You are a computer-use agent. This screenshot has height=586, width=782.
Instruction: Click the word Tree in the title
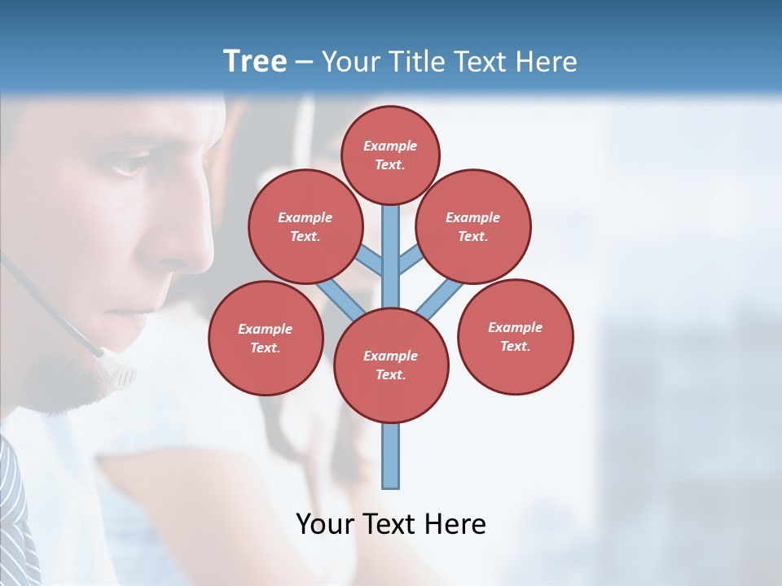coord(254,61)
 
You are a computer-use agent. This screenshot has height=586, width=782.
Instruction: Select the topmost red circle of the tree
coord(390,155)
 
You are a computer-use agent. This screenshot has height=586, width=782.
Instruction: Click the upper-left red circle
coord(305,226)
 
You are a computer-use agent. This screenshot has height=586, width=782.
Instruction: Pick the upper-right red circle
coord(473,226)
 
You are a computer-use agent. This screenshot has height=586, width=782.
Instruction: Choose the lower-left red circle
coord(266,338)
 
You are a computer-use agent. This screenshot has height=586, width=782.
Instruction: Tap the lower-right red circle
coord(515,336)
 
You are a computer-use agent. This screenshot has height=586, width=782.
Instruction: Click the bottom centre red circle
coord(391,365)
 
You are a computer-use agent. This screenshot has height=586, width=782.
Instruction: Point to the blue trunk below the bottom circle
coord(391,456)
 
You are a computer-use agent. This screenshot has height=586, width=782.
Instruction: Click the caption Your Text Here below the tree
coord(391,523)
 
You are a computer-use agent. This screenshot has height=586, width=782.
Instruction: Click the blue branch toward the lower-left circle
coord(339,299)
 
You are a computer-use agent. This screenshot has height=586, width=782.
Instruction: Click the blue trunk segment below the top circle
coord(391,244)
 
